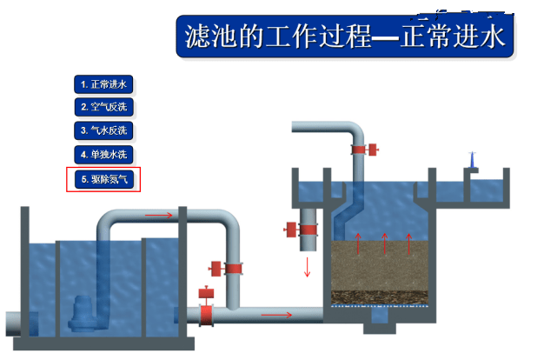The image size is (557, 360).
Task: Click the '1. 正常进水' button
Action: tap(103, 84)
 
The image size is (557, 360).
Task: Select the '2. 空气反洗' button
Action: tap(103, 107)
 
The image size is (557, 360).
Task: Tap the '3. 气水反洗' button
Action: tap(103, 130)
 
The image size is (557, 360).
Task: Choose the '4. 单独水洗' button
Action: tap(103, 155)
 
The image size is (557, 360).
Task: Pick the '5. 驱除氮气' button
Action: tap(103, 179)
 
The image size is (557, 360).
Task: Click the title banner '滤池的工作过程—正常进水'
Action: tap(345, 37)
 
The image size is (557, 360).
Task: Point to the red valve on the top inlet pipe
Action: tap(364, 150)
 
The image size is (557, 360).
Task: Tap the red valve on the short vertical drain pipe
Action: tap(301, 230)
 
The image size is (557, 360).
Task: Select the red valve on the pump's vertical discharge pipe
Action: tap(226, 269)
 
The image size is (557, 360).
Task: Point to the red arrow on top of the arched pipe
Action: tap(159, 215)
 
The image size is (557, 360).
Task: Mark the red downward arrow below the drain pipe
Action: tap(308, 267)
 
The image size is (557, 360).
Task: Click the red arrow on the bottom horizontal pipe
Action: tap(276, 315)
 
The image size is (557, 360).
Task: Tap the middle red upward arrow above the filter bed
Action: tap(385, 243)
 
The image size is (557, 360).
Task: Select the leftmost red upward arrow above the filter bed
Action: tap(358, 243)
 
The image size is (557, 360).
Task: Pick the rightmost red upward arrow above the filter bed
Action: tap(409, 243)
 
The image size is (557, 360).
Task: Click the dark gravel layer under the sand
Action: tap(380, 297)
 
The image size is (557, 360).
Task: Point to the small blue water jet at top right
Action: tap(472, 159)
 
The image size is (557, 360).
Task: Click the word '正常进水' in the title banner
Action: tap(453, 37)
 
